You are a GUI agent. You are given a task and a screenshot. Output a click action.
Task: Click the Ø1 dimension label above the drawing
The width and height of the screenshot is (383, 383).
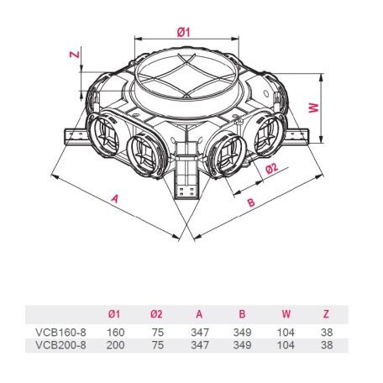(x=183, y=33)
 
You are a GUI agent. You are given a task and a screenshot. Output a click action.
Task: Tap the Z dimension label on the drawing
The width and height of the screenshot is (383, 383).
(x=75, y=54)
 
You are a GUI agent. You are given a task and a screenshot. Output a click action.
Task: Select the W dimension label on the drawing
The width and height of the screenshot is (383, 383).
(x=314, y=108)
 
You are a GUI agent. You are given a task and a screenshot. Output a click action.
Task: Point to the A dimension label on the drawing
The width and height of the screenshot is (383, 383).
(x=115, y=198)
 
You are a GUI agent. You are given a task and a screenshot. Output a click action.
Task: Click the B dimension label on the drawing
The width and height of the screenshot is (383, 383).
(x=251, y=202)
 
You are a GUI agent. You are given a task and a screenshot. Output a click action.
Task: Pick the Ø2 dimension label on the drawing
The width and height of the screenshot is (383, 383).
(x=271, y=168)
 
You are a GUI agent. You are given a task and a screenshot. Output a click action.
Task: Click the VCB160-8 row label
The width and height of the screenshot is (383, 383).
(x=60, y=333)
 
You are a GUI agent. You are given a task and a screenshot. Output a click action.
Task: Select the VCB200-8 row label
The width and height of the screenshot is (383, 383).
(x=60, y=345)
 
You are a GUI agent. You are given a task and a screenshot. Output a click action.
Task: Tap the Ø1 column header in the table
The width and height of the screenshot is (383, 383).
(x=114, y=314)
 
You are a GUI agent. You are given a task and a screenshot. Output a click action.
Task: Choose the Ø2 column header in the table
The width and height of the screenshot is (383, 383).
(x=156, y=314)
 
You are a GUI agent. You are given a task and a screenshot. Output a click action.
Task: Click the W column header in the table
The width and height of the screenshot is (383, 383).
(x=286, y=314)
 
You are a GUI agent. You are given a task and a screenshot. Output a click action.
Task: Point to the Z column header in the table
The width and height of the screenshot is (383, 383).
(x=326, y=314)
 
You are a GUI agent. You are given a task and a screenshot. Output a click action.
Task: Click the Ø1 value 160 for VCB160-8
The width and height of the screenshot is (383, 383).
(x=116, y=333)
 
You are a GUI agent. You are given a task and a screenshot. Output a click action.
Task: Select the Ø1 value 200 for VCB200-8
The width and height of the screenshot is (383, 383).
(x=115, y=345)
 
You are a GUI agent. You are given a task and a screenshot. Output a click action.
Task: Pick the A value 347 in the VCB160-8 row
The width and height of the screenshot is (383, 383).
(x=200, y=333)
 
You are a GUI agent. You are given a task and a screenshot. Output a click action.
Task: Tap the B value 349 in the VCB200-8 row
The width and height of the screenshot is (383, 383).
(x=242, y=345)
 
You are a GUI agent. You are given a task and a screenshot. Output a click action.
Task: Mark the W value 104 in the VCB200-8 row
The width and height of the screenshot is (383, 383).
(x=286, y=345)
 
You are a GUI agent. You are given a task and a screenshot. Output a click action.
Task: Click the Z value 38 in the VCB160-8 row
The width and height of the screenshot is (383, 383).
(x=327, y=333)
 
